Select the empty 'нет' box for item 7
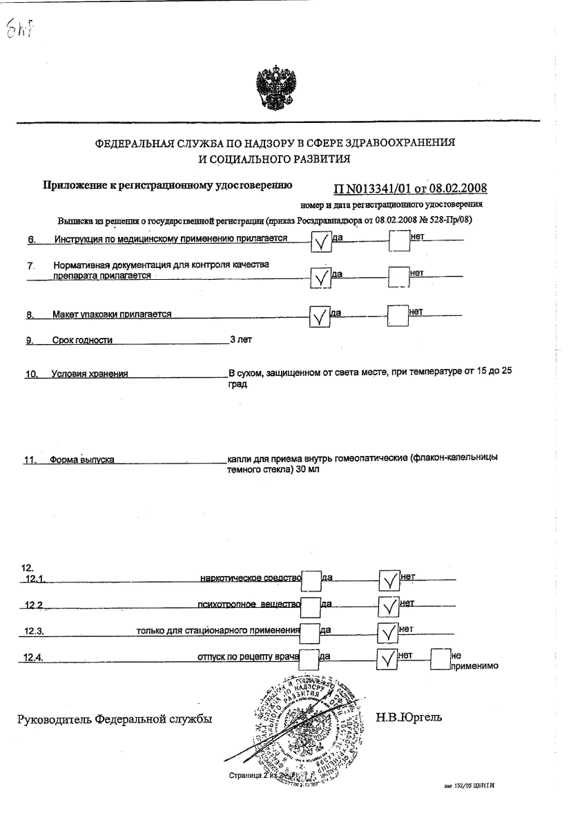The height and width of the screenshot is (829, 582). [398, 276]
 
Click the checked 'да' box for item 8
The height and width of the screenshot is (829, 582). [318, 317]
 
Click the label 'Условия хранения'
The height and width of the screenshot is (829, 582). [90, 374]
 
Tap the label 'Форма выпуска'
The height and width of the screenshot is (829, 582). [81, 460]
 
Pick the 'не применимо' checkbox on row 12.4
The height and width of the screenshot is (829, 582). [439, 659]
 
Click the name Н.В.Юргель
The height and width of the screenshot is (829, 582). [409, 718]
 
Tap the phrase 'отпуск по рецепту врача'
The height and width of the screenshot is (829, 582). [248, 657]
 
